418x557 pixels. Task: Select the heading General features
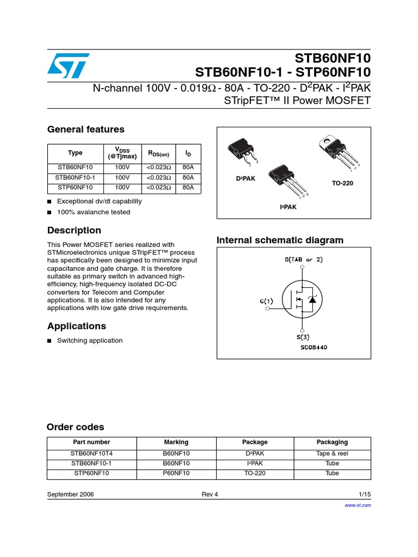pos(85,129)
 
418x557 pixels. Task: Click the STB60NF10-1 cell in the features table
pos(75,178)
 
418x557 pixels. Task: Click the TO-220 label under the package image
pos(342,183)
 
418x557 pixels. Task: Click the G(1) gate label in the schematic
pos(267,301)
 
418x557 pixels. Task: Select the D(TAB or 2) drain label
pos(304,259)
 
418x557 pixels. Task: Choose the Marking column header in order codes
pos(176,442)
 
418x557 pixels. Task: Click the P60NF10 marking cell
pos(176,473)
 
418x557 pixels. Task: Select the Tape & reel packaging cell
pos(332,454)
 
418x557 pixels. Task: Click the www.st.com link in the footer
pos(358,505)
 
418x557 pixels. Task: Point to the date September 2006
pos(70,494)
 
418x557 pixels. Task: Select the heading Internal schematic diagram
pos(280,240)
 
